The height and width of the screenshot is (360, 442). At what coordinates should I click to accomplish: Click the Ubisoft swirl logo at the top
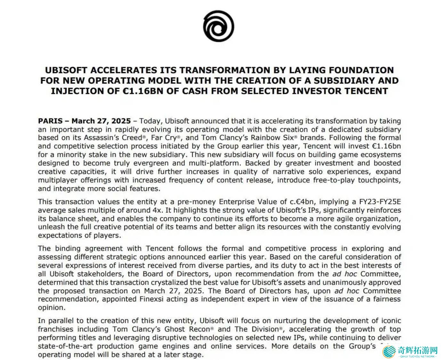(x=218, y=26)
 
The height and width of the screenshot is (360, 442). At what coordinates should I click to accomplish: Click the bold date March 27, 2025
(x=101, y=121)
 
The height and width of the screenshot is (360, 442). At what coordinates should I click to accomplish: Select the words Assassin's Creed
(x=113, y=138)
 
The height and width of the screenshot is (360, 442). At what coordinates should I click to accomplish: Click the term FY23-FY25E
(x=380, y=202)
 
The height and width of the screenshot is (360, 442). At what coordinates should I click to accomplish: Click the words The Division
(x=257, y=329)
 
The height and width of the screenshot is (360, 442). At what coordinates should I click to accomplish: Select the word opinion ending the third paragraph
(x=51, y=307)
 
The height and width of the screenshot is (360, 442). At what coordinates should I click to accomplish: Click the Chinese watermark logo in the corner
(x=410, y=351)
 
